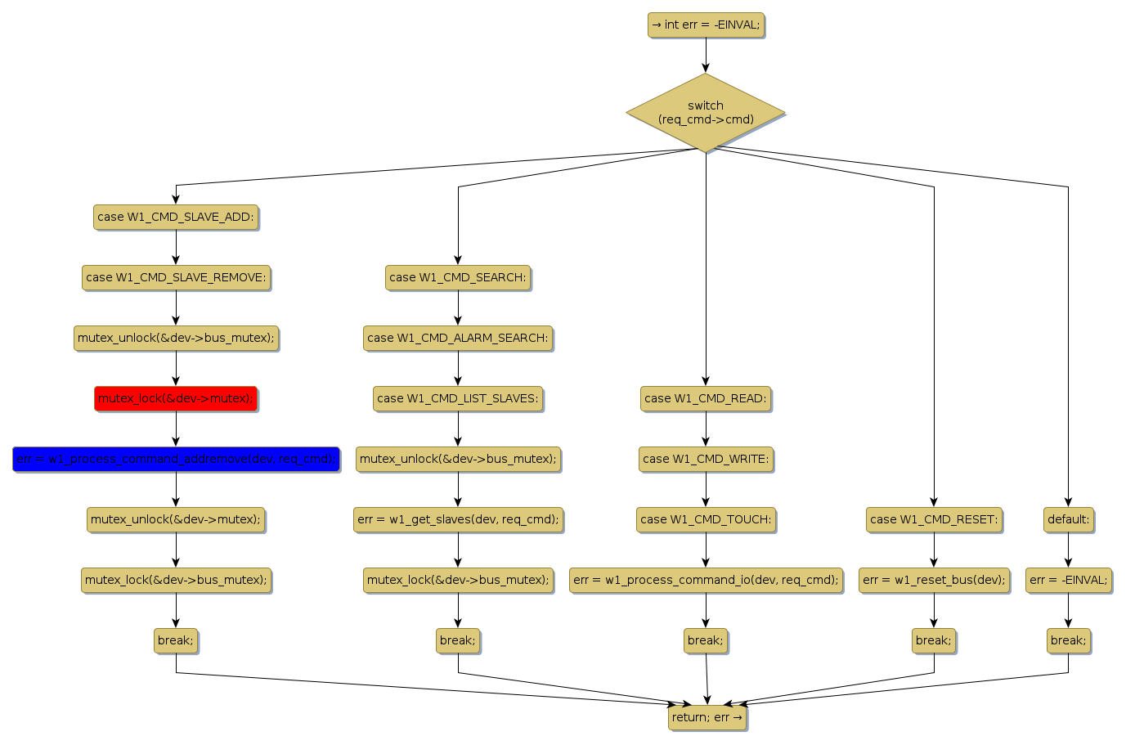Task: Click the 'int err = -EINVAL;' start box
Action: (706, 25)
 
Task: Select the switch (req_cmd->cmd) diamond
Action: (706, 113)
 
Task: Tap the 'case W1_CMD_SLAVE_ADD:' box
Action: (176, 217)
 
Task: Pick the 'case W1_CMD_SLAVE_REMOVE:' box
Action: (176, 277)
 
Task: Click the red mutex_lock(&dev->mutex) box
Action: (176, 398)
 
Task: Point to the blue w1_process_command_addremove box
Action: (176, 459)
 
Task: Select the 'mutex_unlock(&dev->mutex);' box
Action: (176, 519)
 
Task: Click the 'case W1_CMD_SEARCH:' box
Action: (458, 277)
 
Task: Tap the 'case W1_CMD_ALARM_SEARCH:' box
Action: (458, 338)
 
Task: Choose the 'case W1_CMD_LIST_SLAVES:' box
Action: (458, 398)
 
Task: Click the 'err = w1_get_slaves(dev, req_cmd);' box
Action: (458, 519)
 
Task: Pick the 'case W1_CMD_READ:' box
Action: (706, 398)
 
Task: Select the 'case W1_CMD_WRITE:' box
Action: (706, 459)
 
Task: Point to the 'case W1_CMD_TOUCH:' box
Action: (706, 519)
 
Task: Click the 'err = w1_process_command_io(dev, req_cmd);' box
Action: (706, 580)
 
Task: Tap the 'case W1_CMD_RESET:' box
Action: (934, 519)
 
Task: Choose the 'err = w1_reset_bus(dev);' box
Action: (934, 580)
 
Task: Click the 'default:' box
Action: (1068, 519)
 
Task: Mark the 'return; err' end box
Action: (707, 717)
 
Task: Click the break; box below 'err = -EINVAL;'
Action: (1068, 640)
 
